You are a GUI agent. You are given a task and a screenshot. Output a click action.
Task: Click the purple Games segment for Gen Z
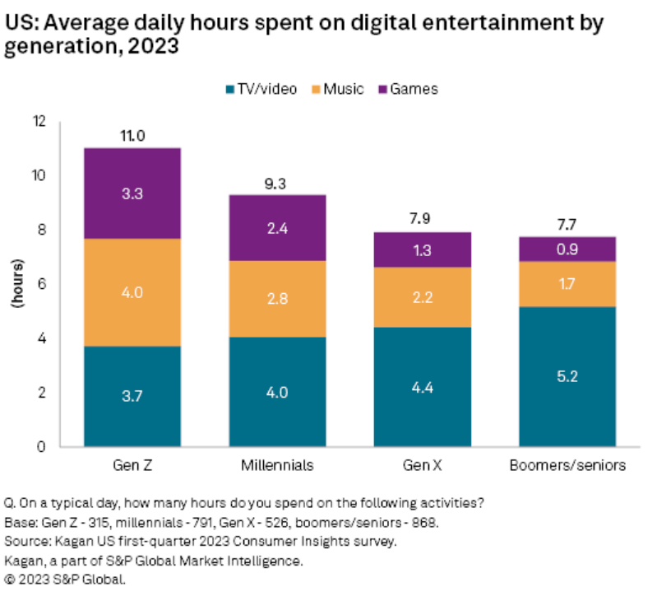click(132, 193)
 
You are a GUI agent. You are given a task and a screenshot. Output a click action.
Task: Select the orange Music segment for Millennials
click(277, 298)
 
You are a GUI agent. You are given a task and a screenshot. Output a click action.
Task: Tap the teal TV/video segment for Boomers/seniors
click(567, 376)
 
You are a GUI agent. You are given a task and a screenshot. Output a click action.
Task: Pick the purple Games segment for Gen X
click(422, 249)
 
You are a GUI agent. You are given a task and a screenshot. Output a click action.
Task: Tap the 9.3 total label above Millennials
click(277, 184)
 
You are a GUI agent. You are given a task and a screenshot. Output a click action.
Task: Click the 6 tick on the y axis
click(55, 284)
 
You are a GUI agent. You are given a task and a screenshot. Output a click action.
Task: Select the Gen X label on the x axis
click(422, 466)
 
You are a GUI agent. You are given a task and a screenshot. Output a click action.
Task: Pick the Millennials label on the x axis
click(277, 466)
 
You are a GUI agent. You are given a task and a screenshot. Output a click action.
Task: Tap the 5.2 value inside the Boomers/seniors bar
click(567, 376)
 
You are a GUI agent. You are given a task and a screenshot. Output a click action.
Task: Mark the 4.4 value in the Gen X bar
click(422, 387)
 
